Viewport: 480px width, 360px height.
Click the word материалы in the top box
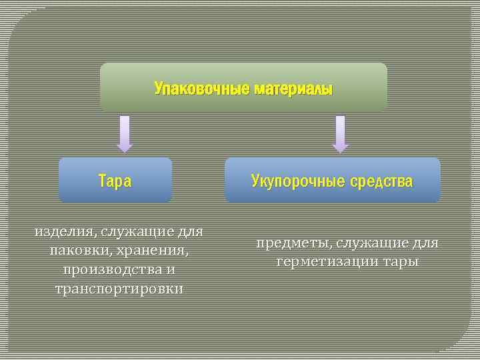(292, 89)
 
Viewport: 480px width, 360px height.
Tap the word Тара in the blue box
(115, 181)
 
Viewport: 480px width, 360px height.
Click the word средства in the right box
(381, 181)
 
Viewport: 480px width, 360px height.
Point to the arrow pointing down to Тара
(125, 133)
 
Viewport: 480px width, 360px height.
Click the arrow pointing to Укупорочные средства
(340, 133)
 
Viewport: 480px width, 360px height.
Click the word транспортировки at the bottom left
(119, 289)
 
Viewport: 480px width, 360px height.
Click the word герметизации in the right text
(318, 262)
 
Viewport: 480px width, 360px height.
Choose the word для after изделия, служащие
(190, 232)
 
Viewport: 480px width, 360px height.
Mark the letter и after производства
(171, 270)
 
